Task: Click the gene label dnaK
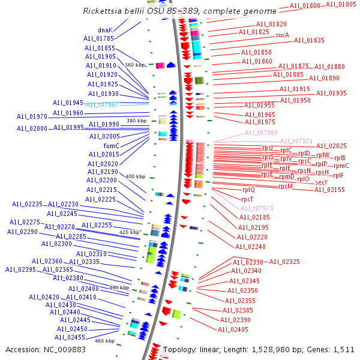point(106,29)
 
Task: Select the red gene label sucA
point(283,35)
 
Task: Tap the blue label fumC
point(111,146)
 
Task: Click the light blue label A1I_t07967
point(103,104)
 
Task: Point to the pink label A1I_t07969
point(261,133)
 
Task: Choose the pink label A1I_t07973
point(257,208)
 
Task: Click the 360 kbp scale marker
point(135,65)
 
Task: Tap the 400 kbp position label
point(135,176)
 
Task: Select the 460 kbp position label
point(104,341)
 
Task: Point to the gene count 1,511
point(344,349)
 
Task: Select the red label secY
point(322,182)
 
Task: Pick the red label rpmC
point(341,166)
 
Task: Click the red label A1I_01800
point(305,5)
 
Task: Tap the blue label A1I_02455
point(71,337)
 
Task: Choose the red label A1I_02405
point(233,329)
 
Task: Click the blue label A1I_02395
point(21,269)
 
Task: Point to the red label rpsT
point(247,199)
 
